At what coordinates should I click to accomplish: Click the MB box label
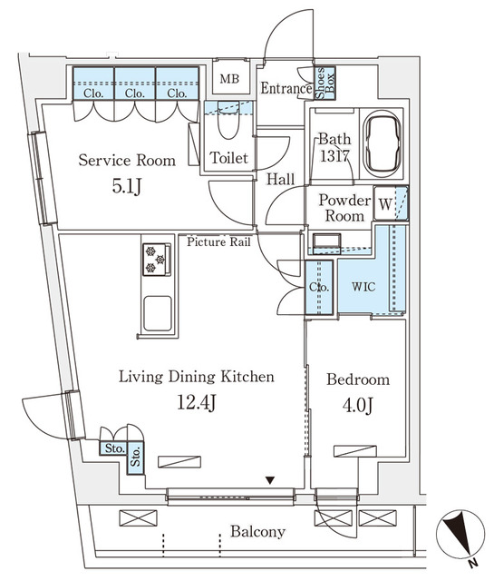click(x=228, y=79)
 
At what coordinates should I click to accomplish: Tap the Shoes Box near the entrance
click(x=324, y=81)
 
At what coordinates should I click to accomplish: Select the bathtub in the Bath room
click(x=384, y=145)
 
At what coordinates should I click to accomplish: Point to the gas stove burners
click(x=157, y=258)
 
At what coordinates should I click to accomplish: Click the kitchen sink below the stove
click(x=157, y=314)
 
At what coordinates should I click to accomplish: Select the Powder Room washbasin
click(x=325, y=241)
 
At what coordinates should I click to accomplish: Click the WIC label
click(x=362, y=286)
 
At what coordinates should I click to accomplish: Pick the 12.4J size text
click(x=195, y=403)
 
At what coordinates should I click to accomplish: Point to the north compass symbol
click(x=460, y=533)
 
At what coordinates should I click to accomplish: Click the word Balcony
click(x=257, y=532)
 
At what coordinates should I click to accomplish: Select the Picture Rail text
click(x=219, y=241)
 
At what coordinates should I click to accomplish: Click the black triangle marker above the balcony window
click(x=268, y=479)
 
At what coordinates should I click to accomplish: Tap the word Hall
click(x=280, y=180)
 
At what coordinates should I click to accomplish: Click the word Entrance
click(x=286, y=89)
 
